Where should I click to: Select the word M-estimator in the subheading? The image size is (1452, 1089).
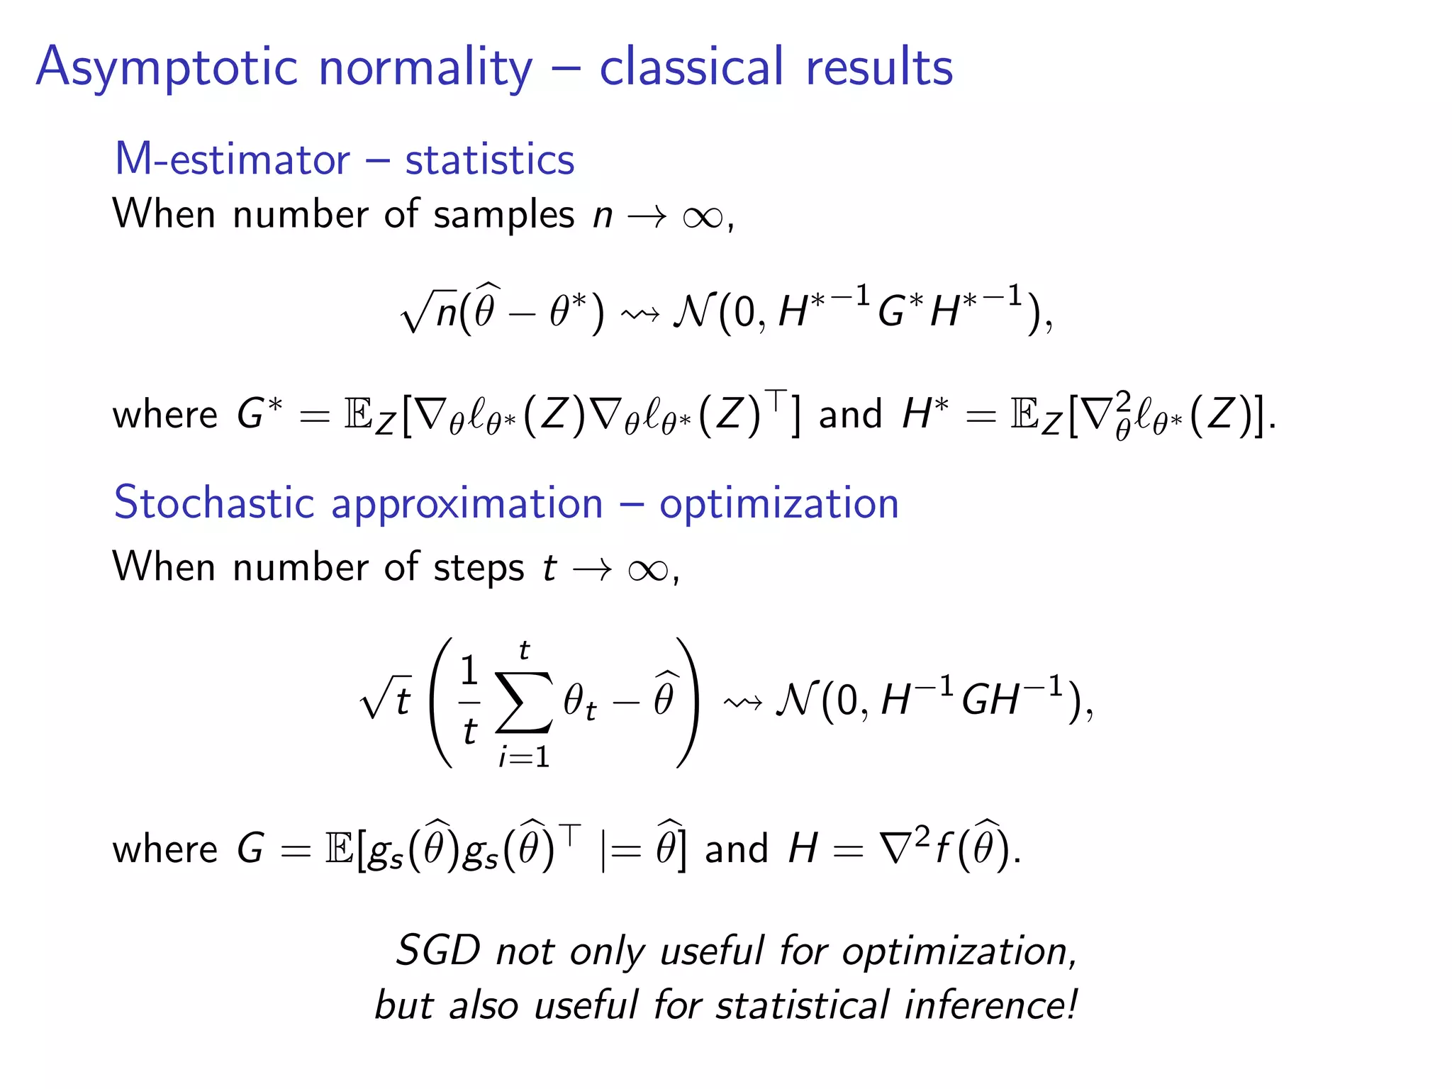click(232, 159)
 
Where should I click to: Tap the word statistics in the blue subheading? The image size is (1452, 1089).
click(489, 159)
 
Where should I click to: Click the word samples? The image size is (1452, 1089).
click(503, 214)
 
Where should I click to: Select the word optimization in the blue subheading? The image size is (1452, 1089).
click(778, 504)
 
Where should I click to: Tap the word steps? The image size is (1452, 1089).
click(479, 567)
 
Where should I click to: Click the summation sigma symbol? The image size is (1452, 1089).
click(523, 702)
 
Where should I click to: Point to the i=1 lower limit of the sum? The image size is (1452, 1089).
click(523, 757)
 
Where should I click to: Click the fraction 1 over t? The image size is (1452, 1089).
click(469, 700)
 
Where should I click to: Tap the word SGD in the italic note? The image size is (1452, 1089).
click(437, 950)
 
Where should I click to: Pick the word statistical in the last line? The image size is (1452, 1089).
click(802, 1005)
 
